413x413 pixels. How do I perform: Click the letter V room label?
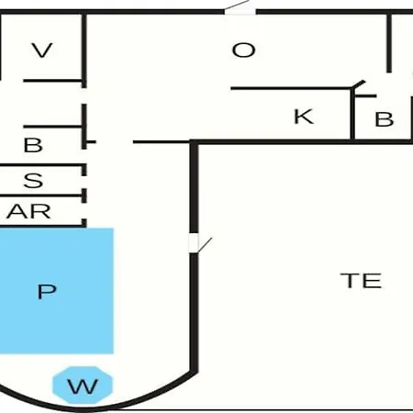tap(42, 50)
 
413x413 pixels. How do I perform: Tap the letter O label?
tap(243, 50)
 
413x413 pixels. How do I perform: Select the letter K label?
tap(304, 117)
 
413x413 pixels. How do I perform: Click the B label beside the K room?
tap(385, 119)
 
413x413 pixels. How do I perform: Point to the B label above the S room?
tap(33, 145)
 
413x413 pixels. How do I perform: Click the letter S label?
tap(33, 181)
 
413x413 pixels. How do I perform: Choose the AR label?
tap(28, 211)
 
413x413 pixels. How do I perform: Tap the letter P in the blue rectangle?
tap(47, 292)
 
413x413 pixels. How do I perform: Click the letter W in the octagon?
tap(83, 386)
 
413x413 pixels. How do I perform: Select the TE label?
tap(361, 281)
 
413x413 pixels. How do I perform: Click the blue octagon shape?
tap(83, 385)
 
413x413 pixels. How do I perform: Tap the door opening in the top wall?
tap(240, 12)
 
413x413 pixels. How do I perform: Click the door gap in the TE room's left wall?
tap(194, 243)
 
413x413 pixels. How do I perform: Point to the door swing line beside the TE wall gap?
tap(205, 245)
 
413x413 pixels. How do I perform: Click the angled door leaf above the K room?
tap(358, 84)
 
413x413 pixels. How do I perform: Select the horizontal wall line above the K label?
tap(291, 88)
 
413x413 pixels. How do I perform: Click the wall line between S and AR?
tap(41, 195)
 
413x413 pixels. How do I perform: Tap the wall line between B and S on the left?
tap(41, 165)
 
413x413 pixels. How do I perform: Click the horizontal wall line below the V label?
tap(52, 81)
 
